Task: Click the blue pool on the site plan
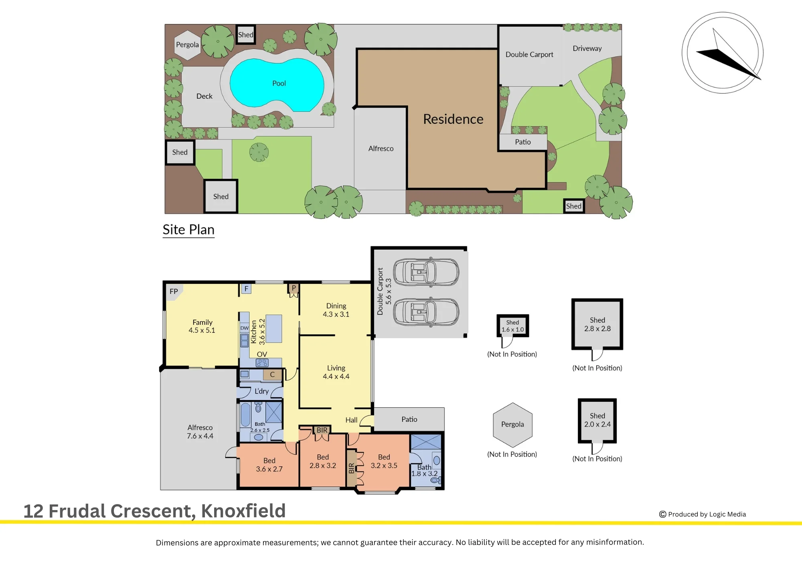click(x=277, y=84)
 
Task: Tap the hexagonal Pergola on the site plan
click(x=187, y=45)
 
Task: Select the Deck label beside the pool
click(x=205, y=96)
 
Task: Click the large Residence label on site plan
click(x=453, y=119)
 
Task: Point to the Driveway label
click(x=587, y=49)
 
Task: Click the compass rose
click(x=723, y=53)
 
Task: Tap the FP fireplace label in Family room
click(x=174, y=292)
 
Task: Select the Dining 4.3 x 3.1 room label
click(x=336, y=310)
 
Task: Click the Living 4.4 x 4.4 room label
click(x=336, y=372)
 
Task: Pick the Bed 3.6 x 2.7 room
click(x=269, y=465)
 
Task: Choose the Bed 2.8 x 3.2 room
click(x=323, y=461)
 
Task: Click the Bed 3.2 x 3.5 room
click(x=384, y=461)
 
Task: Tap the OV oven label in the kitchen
click(x=262, y=354)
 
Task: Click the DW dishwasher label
click(x=245, y=328)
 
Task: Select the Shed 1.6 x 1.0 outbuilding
click(x=512, y=326)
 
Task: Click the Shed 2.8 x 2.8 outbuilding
click(x=597, y=324)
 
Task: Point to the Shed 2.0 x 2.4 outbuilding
click(x=597, y=420)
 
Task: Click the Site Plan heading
click(x=188, y=229)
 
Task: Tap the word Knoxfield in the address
click(x=243, y=511)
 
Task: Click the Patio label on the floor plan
click(x=409, y=419)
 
